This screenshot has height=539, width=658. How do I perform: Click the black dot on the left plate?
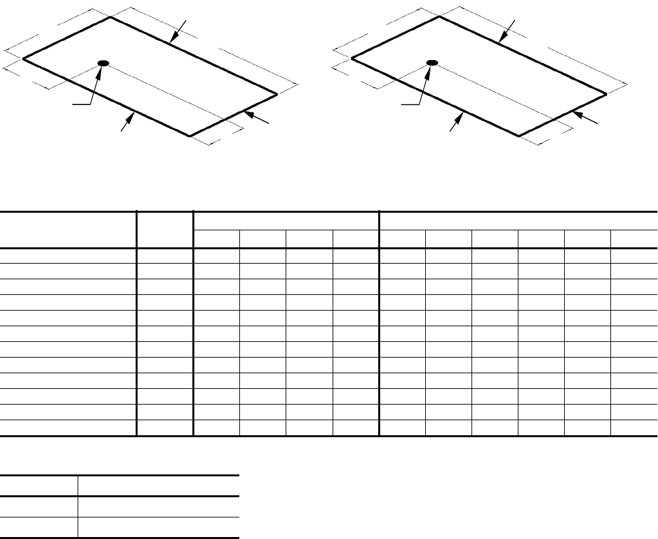point(103,63)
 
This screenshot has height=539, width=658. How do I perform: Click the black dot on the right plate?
point(431,63)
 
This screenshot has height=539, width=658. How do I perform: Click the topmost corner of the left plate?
point(110,17)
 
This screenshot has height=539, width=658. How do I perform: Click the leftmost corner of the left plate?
point(23,59)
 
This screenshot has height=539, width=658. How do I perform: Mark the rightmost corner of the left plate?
point(277,94)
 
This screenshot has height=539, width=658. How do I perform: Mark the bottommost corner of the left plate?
point(190,136)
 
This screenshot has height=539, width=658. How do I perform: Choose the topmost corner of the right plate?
point(438,17)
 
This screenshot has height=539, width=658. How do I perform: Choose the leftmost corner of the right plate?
point(352,59)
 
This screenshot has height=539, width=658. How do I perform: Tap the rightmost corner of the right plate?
point(606,94)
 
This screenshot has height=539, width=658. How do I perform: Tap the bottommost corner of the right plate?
point(518,136)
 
